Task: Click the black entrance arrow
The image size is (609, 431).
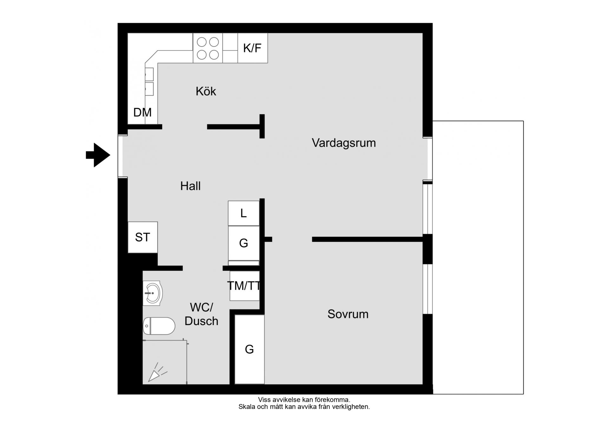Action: point(98,155)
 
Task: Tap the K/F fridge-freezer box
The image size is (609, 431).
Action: point(252,48)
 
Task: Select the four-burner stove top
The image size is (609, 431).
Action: point(208,48)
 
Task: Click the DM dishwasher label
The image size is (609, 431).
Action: point(142,112)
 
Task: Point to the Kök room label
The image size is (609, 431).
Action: point(206,91)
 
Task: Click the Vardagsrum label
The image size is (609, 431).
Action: point(344,143)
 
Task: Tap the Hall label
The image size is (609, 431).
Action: point(190,186)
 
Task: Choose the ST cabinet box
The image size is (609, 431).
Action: point(143,237)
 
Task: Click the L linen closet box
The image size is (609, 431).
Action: point(244,213)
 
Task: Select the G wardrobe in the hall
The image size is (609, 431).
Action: point(244,243)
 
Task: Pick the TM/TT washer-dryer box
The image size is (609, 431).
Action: point(245,286)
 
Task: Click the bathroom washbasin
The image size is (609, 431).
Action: point(153,293)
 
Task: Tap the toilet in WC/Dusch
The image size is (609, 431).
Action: point(159,326)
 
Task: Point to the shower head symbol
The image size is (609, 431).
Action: point(157,374)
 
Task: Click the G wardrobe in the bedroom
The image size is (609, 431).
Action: point(249,349)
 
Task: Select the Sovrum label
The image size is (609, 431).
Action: point(348,314)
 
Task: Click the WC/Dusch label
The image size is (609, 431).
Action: point(201,314)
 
